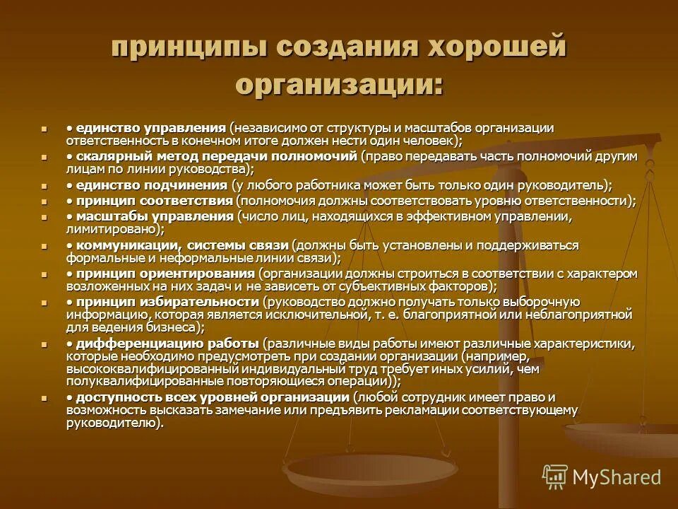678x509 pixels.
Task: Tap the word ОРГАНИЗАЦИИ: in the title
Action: [340, 83]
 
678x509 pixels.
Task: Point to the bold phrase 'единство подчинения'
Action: [151, 185]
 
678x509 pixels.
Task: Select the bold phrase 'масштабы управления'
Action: [155, 216]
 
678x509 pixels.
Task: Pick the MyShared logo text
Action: [617, 476]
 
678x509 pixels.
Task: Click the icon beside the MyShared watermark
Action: [554, 476]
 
